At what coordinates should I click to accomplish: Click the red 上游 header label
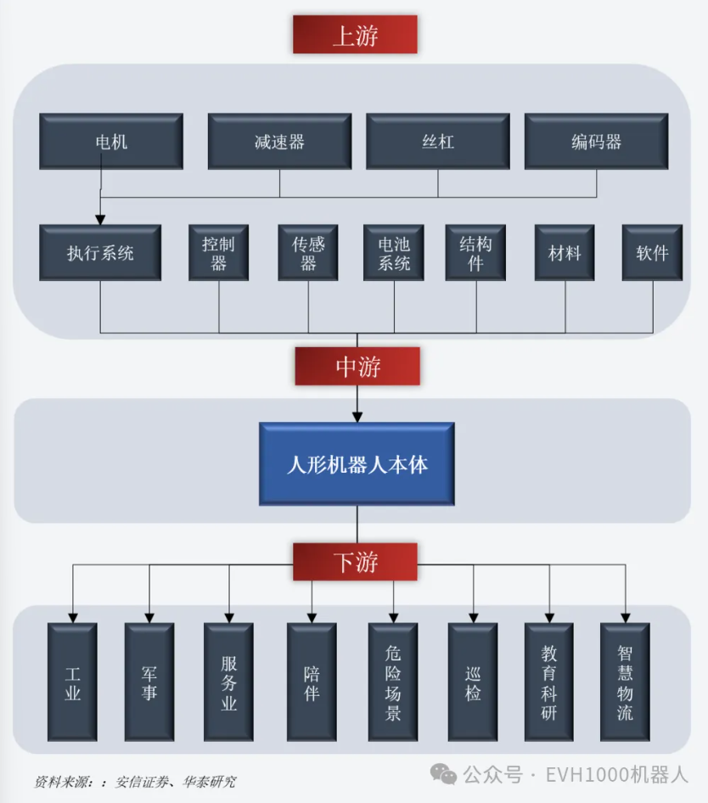click(x=355, y=36)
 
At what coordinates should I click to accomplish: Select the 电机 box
click(x=111, y=141)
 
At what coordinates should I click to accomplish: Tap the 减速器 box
click(x=279, y=141)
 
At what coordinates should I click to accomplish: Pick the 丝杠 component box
click(x=437, y=141)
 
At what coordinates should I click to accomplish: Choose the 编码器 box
click(x=596, y=141)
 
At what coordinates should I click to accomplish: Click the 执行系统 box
click(x=100, y=253)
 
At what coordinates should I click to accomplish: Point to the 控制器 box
click(x=218, y=253)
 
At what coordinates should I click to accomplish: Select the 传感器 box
click(x=308, y=253)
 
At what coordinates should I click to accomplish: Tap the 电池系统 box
click(x=394, y=253)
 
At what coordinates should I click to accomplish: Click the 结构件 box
click(x=475, y=253)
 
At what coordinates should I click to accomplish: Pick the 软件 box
click(x=652, y=253)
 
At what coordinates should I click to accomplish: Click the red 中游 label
click(x=357, y=367)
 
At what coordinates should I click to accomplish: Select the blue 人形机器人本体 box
click(x=357, y=464)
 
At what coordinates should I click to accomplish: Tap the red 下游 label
click(x=356, y=562)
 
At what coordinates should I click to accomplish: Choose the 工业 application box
click(x=72, y=683)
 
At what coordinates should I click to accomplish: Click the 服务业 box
click(x=228, y=683)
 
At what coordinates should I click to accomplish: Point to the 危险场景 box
click(x=393, y=683)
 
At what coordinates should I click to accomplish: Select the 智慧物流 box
click(x=625, y=683)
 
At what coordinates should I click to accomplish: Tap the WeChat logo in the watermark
click(x=443, y=774)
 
